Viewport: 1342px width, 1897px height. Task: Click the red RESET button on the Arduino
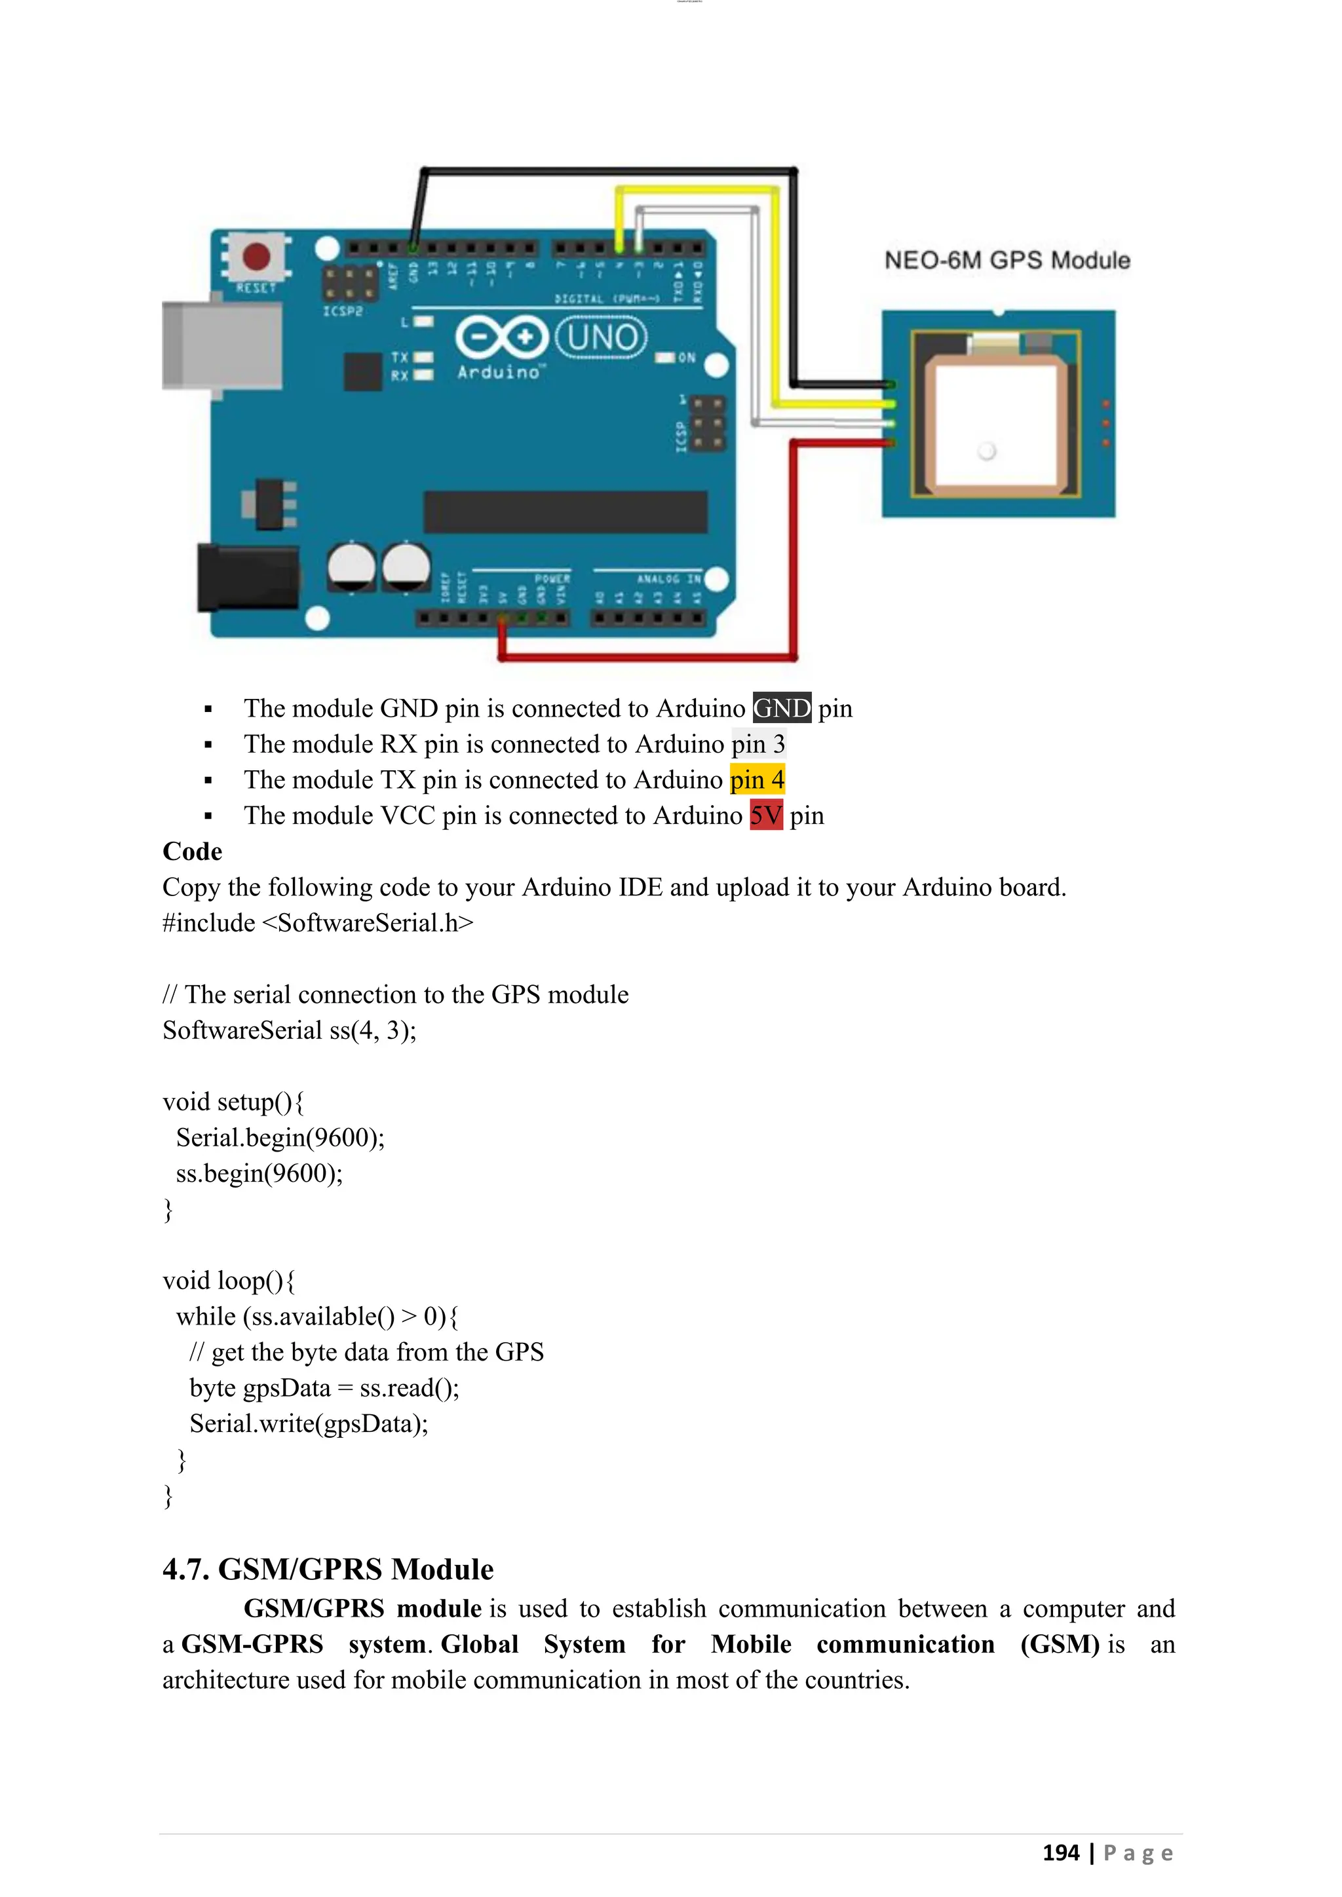point(256,257)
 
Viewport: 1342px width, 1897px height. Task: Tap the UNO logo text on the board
point(602,338)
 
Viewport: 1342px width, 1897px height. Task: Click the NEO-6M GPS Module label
point(1006,260)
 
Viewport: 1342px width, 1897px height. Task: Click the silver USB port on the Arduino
point(221,345)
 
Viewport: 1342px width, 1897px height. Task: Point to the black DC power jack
point(248,578)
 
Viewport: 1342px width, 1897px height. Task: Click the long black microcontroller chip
point(566,512)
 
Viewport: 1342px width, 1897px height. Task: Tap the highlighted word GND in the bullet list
point(781,708)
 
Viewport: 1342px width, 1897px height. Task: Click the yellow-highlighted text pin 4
point(757,779)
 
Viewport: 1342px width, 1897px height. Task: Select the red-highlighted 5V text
point(765,816)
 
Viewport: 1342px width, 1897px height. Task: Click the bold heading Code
point(193,851)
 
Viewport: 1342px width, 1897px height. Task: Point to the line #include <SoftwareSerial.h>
point(318,923)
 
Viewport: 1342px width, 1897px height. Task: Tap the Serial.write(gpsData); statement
point(309,1423)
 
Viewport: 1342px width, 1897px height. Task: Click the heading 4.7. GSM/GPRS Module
point(328,1569)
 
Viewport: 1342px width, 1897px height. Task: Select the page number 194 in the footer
point(1060,1852)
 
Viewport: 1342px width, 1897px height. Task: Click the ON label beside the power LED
point(687,358)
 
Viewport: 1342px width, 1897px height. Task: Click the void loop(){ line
point(229,1281)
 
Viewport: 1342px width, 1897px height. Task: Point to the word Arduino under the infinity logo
point(498,373)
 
